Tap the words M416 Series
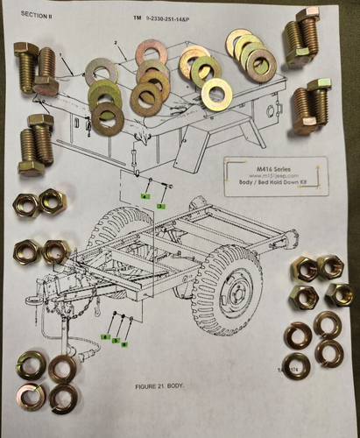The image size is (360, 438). point(273,166)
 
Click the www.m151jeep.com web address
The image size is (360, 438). point(273,175)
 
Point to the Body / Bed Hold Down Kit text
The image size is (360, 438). point(273,184)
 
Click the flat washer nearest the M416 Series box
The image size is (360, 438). point(215,94)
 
